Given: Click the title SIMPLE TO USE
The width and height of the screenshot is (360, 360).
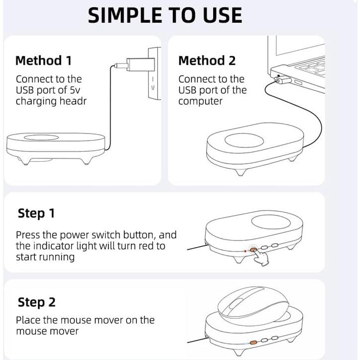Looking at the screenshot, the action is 165,15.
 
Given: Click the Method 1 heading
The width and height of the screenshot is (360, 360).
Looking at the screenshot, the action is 44,61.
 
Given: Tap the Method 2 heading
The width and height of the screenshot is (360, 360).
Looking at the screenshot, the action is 207,61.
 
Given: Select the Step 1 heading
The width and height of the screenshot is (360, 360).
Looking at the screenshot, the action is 36,213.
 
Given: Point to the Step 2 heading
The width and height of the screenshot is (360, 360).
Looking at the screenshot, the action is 36,302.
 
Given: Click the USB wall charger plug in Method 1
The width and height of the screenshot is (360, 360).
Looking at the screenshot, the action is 140,64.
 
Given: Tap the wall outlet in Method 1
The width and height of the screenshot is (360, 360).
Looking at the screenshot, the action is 154,74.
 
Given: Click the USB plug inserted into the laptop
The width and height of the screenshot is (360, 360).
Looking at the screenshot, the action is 283,81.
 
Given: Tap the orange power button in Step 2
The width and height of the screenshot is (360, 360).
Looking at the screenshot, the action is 253,343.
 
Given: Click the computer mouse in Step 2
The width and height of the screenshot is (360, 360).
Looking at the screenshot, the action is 252,303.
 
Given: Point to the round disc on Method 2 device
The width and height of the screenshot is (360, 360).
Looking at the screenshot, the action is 244,140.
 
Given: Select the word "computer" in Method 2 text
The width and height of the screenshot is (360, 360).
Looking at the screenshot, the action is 201,101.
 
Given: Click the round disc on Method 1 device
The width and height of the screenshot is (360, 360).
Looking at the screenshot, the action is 41,137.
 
